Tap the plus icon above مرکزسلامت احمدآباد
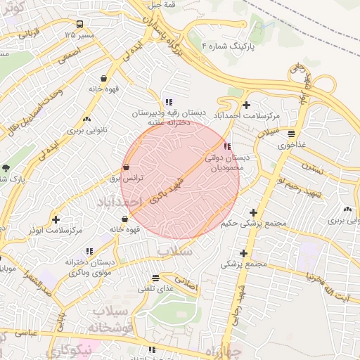click(245, 104)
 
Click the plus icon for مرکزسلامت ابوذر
click(56, 219)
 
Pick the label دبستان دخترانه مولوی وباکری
click(89, 266)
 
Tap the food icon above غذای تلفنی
click(156, 278)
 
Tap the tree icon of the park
click(6, 168)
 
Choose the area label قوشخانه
click(113, 328)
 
